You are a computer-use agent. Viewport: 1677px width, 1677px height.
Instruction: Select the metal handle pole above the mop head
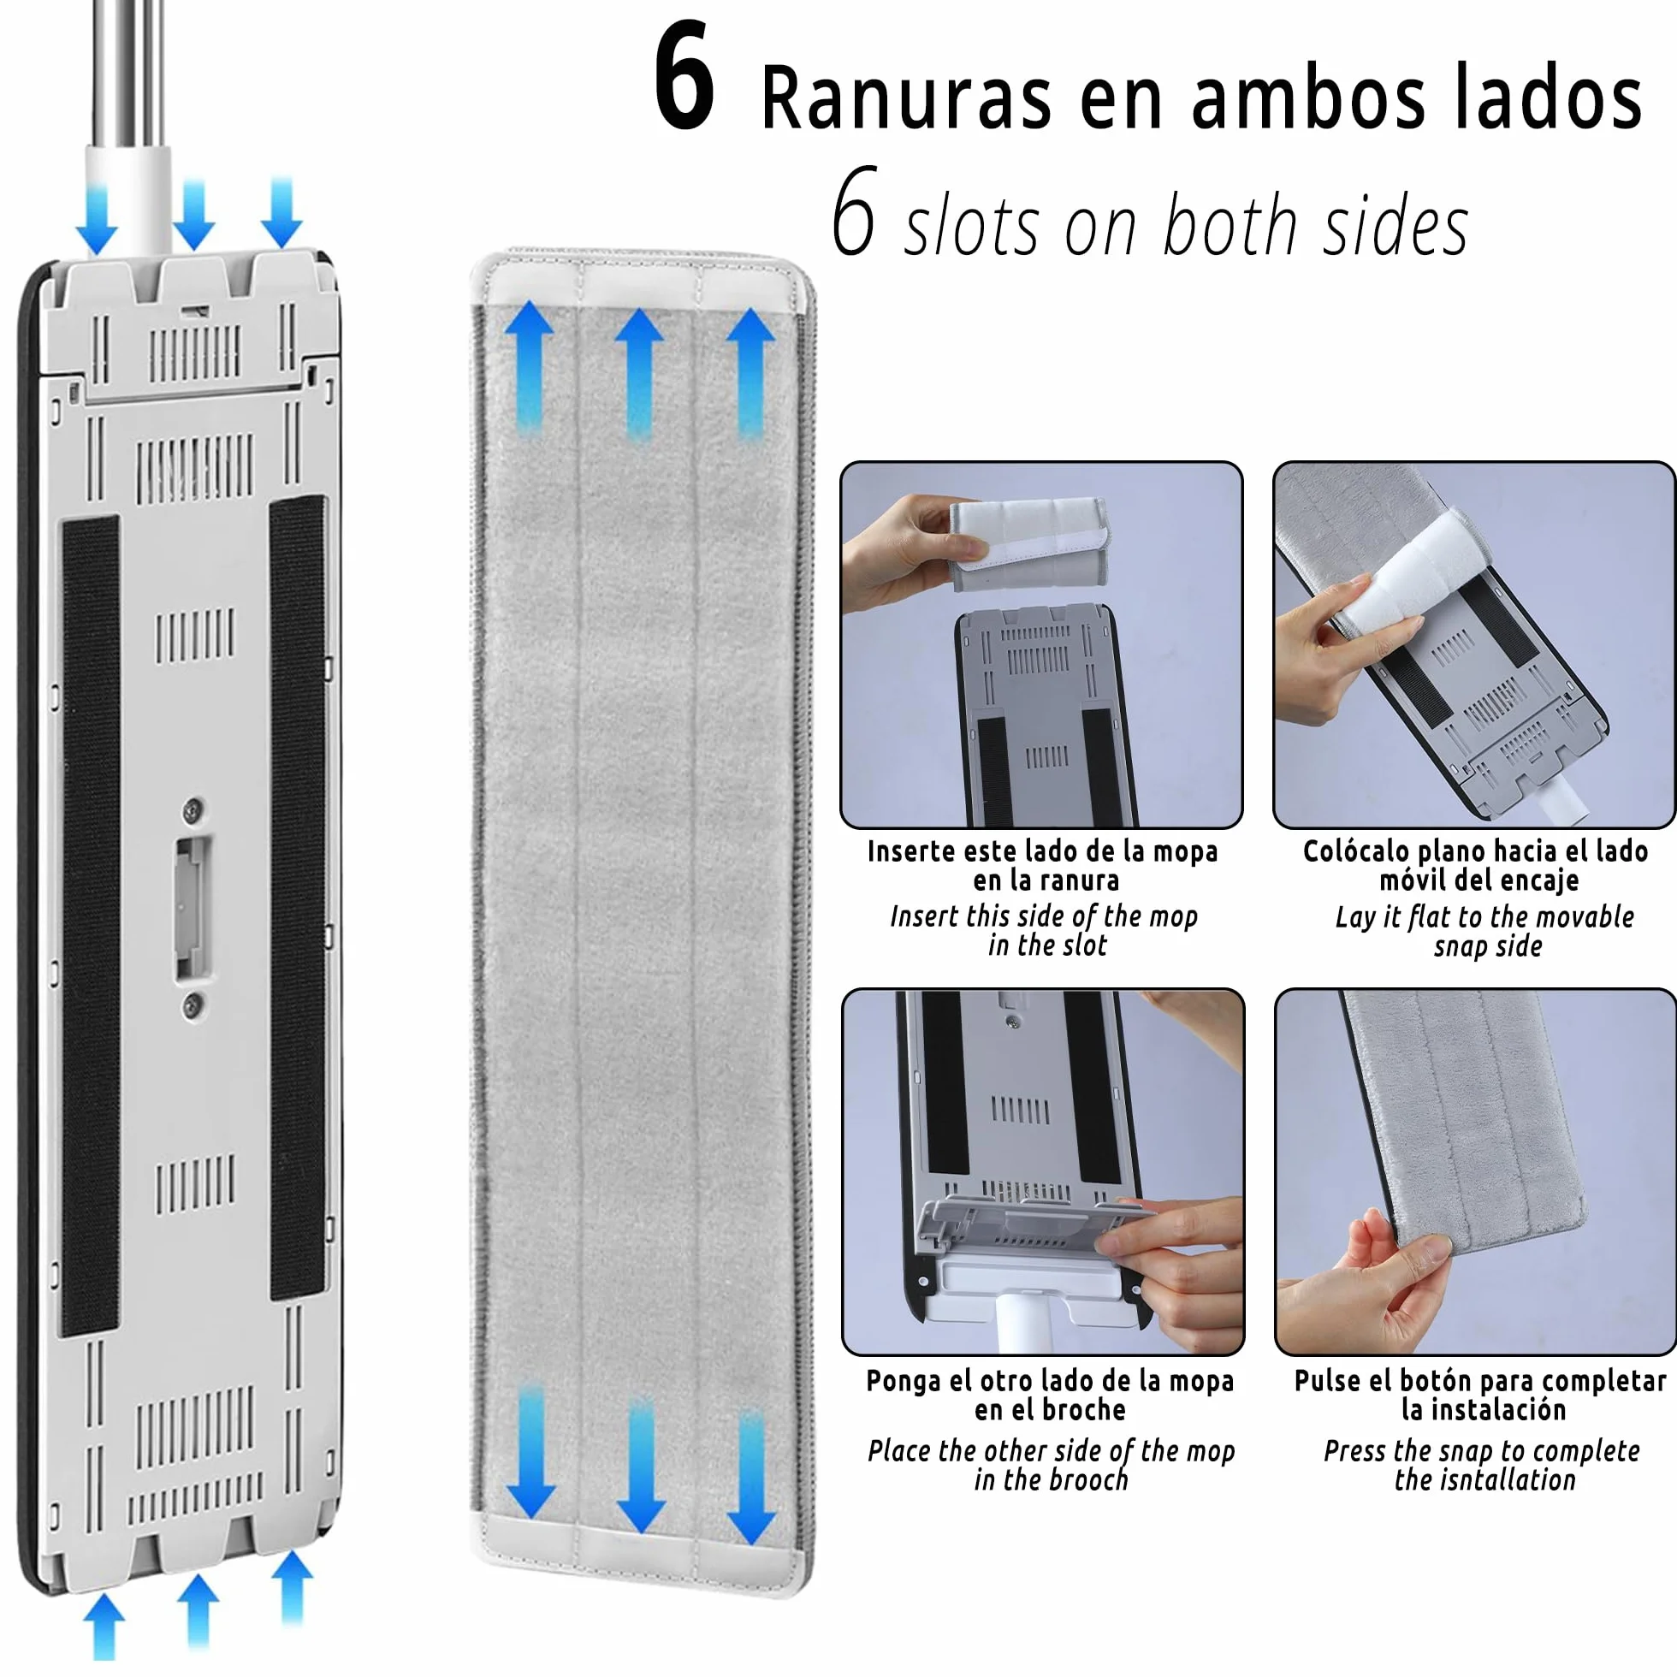pyautogui.click(x=128, y=74)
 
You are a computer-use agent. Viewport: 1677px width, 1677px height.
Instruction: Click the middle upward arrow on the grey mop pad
pyautogui.click(x=640, y=374)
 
